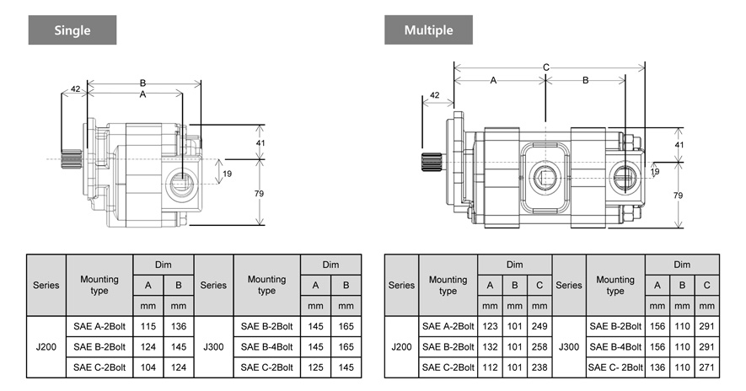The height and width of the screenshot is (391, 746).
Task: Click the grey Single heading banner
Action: [x=72, y=30]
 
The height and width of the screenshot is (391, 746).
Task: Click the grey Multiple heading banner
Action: [x=428, y=30]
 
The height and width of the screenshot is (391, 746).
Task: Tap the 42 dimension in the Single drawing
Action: [x=75, y=88]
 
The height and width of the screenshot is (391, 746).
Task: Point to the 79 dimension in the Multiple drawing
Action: [x=679, y=195]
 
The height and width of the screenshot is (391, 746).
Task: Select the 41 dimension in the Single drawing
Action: [x=260, y=143]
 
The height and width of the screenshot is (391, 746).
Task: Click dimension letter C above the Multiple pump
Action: [x=546, y=67]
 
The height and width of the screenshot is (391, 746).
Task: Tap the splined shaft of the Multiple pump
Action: [x=432, y=164]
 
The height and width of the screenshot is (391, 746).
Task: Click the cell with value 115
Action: [x=148, y=325]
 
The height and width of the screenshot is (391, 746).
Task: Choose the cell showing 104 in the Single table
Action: [x=148, y=367]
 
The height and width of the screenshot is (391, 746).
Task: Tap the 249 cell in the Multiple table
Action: [x=540, y=325]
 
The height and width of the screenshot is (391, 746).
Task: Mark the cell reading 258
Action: [x=540, y=346]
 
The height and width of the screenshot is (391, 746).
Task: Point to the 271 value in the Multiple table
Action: [x=706, y=367]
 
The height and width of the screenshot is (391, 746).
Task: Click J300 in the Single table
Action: [x=213, y=346]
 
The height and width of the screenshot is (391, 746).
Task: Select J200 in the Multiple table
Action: [x=401, y=346]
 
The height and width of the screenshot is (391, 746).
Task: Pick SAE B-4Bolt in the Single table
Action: [x=266, y=346]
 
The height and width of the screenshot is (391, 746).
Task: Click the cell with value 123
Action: [x=490, y=325]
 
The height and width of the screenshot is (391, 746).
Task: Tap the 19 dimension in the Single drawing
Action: [x=225, y=174]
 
